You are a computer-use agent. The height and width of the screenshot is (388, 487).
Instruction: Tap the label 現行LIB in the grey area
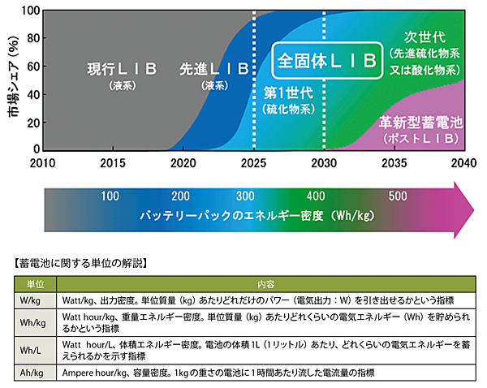click(x=122, y=69)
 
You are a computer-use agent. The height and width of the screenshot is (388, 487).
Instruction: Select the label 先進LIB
click(x=213, y=69)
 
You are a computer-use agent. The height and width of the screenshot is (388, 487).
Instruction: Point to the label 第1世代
click(x=289, y=91)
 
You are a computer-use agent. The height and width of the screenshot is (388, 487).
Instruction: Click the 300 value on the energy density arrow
click(x=243, y=197)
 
